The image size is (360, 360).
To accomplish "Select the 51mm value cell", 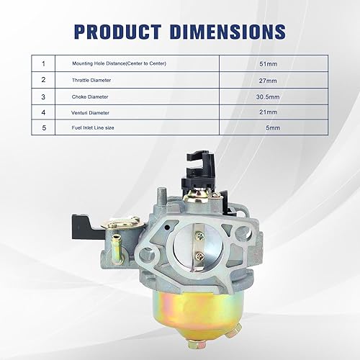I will (x=268, y=64).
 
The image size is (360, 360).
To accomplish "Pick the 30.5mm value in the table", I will (x=268, y=97).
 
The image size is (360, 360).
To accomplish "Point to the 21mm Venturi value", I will (x=268, y=113).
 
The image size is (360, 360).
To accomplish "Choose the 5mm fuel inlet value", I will (x=271, y=128).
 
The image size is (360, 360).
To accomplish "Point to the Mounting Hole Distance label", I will (x=120, y=64).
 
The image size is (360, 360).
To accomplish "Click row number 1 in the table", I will (x=43, y=64).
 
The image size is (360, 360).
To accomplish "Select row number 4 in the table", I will (x=43, y=113).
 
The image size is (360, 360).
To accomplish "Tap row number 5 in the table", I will (x=43, y=128).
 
